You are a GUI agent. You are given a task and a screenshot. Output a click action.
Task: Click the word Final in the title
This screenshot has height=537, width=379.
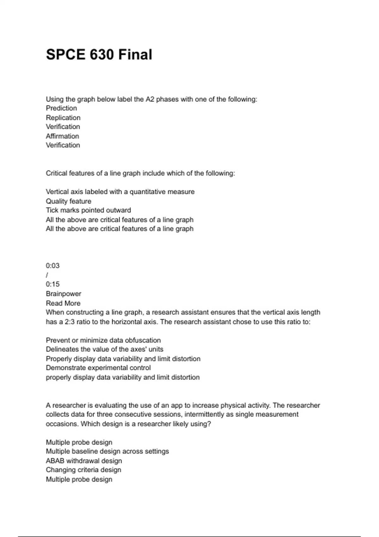135,55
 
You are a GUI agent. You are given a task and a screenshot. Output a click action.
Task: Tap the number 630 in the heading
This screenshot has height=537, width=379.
102,55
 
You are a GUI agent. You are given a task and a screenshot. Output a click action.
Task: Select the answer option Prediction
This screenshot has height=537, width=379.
61,108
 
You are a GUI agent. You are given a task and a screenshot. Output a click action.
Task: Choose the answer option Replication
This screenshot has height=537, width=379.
63,118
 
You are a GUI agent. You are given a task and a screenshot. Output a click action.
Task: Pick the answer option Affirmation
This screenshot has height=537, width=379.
62,136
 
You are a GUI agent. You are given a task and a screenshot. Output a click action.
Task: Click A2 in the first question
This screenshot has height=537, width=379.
149,99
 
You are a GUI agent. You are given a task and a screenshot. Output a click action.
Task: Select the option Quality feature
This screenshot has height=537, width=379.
69,201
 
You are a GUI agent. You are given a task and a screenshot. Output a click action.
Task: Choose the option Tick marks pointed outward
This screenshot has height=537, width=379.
88,210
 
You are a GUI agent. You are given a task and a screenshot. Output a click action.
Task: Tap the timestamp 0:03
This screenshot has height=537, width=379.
53,266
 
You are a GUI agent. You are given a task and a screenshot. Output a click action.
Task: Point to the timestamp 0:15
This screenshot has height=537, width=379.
53,284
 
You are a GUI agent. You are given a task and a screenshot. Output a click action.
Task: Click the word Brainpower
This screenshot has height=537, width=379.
63,294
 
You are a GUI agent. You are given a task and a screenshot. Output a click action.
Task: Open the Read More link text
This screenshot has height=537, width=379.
63,303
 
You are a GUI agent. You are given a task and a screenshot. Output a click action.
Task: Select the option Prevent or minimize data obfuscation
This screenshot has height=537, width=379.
103,340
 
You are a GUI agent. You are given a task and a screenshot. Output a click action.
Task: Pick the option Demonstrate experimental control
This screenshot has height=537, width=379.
98,368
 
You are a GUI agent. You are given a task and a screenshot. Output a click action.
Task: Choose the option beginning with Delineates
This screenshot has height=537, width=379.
105,349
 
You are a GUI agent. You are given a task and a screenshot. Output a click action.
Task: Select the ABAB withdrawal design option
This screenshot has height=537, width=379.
84,461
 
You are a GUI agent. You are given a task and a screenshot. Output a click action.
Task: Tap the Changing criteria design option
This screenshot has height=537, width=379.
83,470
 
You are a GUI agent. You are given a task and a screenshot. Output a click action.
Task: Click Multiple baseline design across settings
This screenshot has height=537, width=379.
107,451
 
